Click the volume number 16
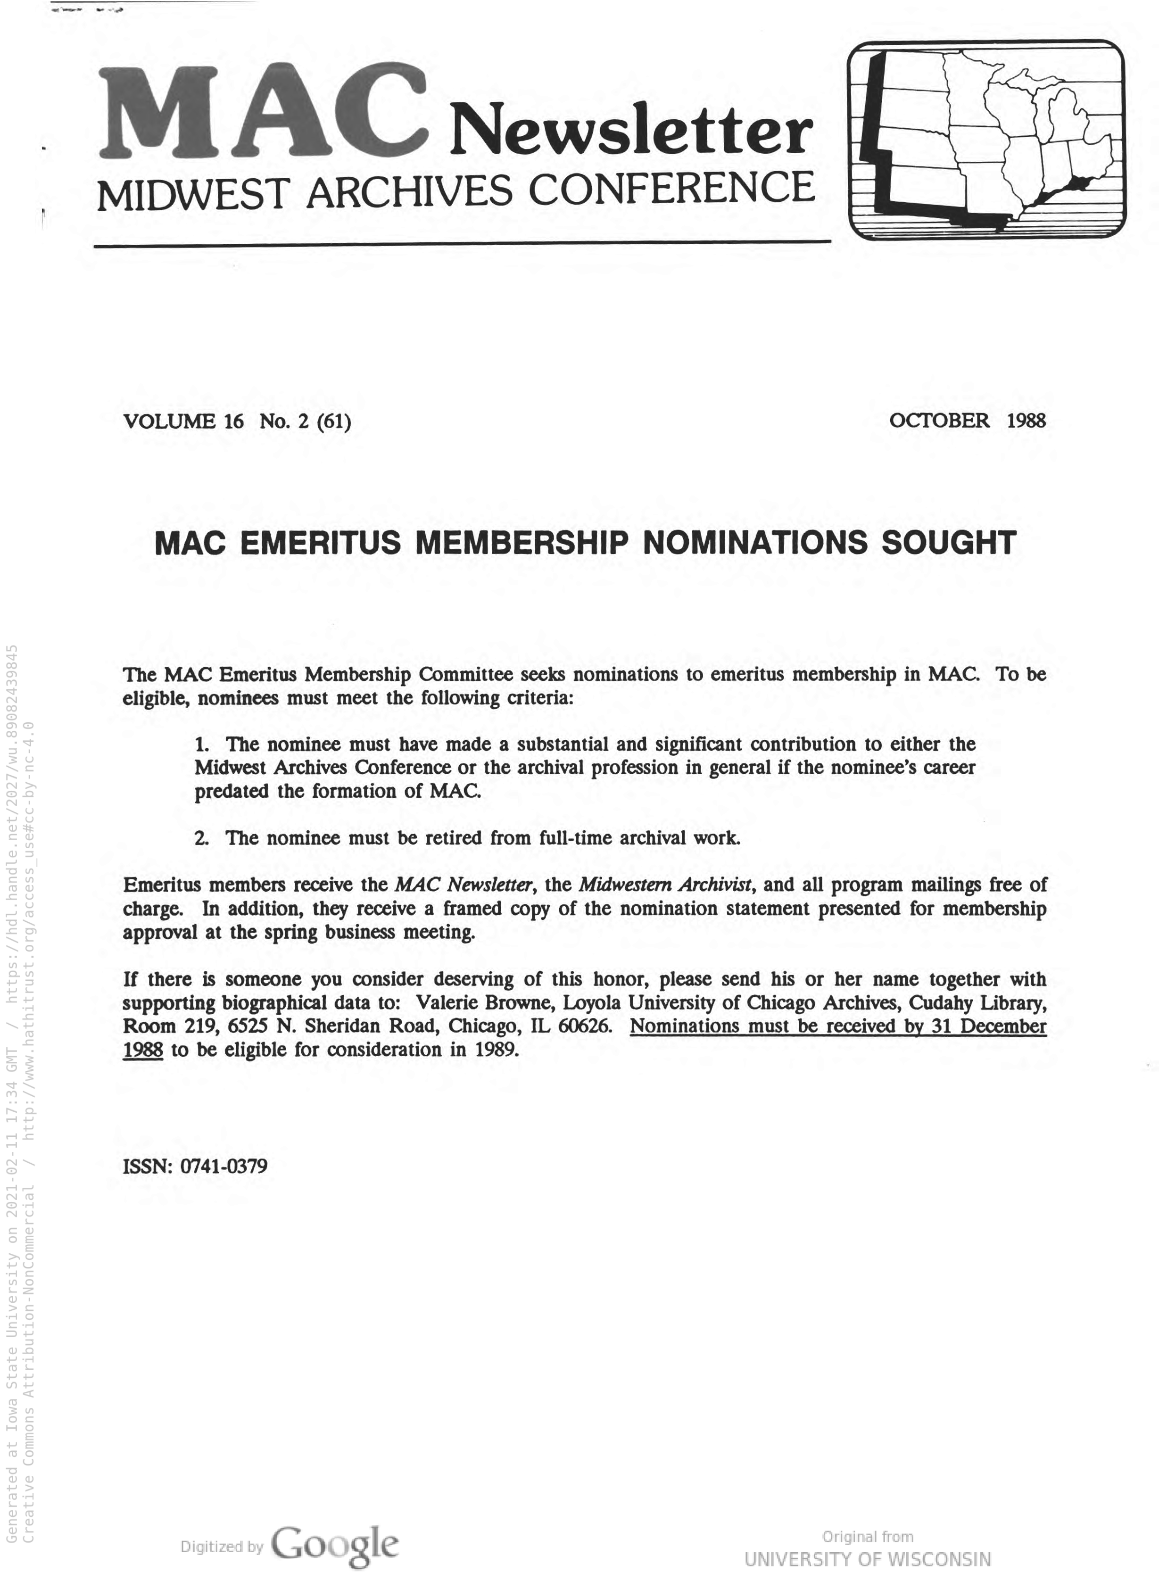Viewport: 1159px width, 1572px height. (233, 422)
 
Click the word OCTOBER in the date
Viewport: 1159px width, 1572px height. (939, 421)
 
